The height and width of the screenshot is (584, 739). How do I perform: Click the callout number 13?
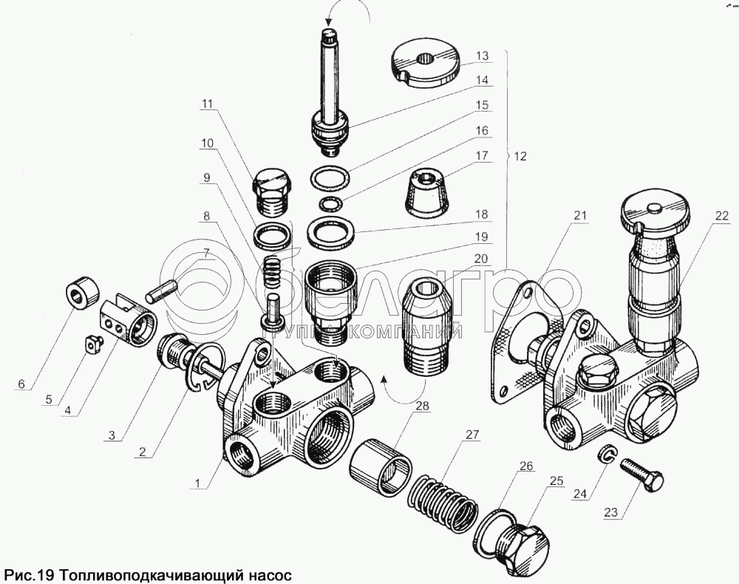[482, 56]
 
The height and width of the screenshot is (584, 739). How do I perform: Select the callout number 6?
[21, 384]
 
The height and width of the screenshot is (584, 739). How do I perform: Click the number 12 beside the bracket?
[521, 157]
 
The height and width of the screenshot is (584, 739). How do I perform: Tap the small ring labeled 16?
[330, 203]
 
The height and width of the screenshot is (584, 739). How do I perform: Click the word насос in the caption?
[261, 574]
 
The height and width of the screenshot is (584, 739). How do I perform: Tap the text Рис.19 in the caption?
[29, 574]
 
